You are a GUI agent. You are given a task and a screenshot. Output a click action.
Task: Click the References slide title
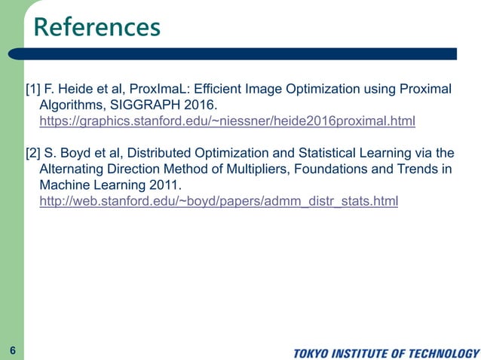coord(97,27)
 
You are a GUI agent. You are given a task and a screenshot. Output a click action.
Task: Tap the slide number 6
coord(13,350)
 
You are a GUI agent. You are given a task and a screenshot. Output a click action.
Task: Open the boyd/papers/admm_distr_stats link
coord(218,201)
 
